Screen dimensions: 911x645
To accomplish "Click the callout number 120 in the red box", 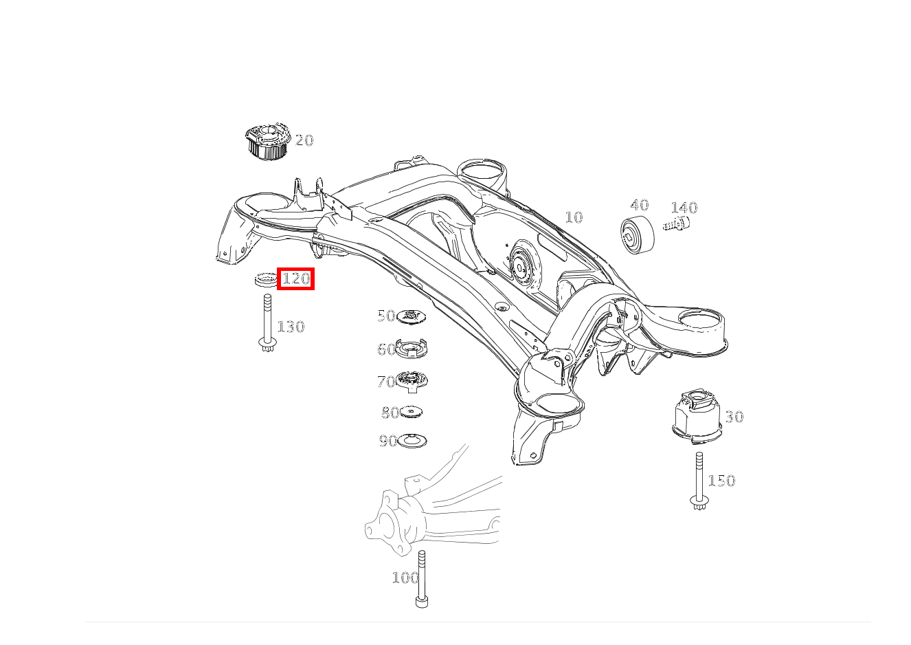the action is [x=295, y=278].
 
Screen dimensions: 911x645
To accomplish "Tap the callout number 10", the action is [x=574, y=217].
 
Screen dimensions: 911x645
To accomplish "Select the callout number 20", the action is [x=304, y=140].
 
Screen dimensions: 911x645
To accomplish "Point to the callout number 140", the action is [x=684, y=208].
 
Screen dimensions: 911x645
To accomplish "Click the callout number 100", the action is [x=405, y=578].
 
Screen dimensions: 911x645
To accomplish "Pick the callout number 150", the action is [x=721, y=481].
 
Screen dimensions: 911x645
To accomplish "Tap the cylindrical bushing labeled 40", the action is [x=638, y=235].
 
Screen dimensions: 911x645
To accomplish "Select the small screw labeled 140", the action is [x=676, y=223].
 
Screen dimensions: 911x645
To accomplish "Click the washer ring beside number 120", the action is [x=266, y=280].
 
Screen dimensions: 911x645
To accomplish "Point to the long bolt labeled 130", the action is [x=267, y=323].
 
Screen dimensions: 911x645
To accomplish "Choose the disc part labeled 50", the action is [x=411, y=316].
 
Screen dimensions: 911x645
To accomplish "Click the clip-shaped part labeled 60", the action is [x=412, y=349].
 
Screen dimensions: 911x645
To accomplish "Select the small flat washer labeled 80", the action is [x=411, y=412].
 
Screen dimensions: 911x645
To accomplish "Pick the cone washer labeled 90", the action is [x=412, y=441].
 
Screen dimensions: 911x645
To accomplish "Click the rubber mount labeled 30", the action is [x=697, y=416].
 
